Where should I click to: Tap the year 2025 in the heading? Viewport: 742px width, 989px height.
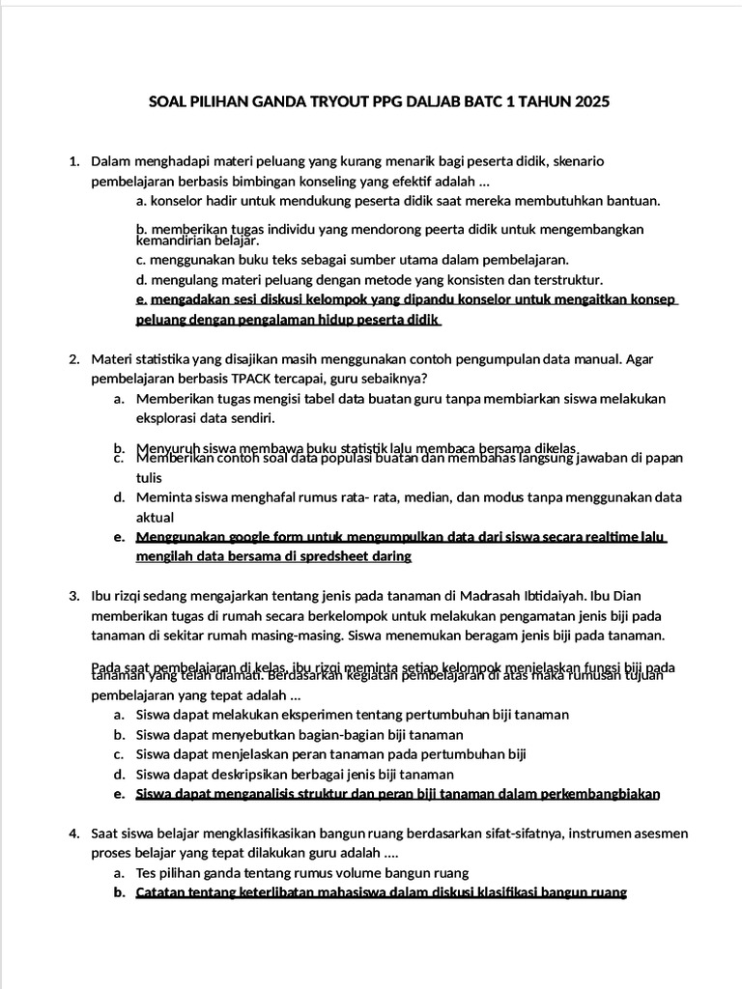(591, 101)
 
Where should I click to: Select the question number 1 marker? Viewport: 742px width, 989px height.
(74, 161)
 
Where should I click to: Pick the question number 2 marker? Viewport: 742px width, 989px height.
(74, 359)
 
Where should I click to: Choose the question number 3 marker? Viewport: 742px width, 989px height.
(74, 596)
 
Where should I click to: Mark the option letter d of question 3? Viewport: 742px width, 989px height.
(118, 775)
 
